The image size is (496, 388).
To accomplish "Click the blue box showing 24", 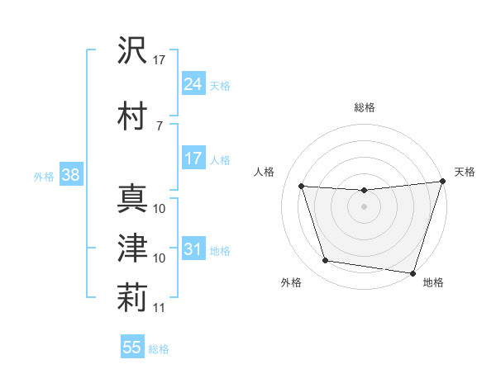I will coord(193,83).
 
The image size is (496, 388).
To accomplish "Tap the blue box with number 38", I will coord(70,175).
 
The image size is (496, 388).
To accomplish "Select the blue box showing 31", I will coord(193,249).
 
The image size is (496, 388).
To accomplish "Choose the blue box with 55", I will coord(132,348).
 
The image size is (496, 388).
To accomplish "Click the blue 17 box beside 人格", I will coord(193,159).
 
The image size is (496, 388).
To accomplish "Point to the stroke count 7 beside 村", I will coord(159,125).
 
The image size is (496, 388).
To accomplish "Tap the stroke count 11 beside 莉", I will coord(160,309).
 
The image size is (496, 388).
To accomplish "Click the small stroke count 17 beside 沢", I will coord(160,60).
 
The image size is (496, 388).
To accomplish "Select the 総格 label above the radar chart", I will coord(364,107).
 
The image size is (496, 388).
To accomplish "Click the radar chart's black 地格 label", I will coord(433,283).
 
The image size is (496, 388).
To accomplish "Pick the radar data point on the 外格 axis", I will coord(326,261).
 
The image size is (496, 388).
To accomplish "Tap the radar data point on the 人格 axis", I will coord(301,187).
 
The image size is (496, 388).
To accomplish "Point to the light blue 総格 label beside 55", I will coord(158,349).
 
